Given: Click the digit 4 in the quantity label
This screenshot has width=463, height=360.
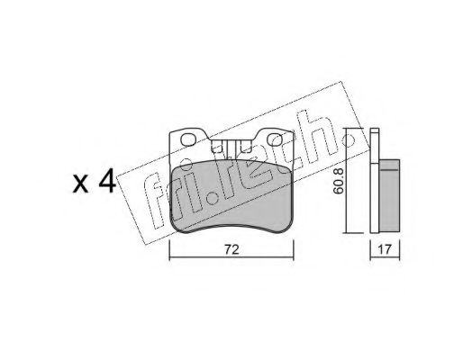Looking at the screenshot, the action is pyautogui.click(x=107, y=180).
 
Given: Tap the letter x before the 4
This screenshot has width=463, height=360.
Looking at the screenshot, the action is pyautogui.click(x=81, y=184).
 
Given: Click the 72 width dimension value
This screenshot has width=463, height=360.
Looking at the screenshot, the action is pyautogui.click(x=231, y=249).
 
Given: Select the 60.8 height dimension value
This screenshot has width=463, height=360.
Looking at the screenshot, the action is pyautogui.click(x=339, y=181).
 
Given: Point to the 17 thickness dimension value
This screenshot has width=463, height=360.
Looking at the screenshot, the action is pyautogui.click(x=385, y=249).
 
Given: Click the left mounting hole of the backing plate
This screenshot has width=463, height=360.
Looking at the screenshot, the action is pyautogui.click(x=188, y=139).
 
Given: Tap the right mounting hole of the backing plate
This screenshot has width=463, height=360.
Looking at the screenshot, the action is pyautogui.click(x=274, y=139).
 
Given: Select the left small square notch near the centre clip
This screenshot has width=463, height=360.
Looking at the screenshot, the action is pyautogui.click(x=216, y=147).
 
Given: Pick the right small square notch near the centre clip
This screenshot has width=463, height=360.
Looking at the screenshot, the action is pyautogui.click(x=245, y=147).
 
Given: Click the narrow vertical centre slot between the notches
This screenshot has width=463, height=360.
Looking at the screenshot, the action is pyautogui.click(x=231, y=150).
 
